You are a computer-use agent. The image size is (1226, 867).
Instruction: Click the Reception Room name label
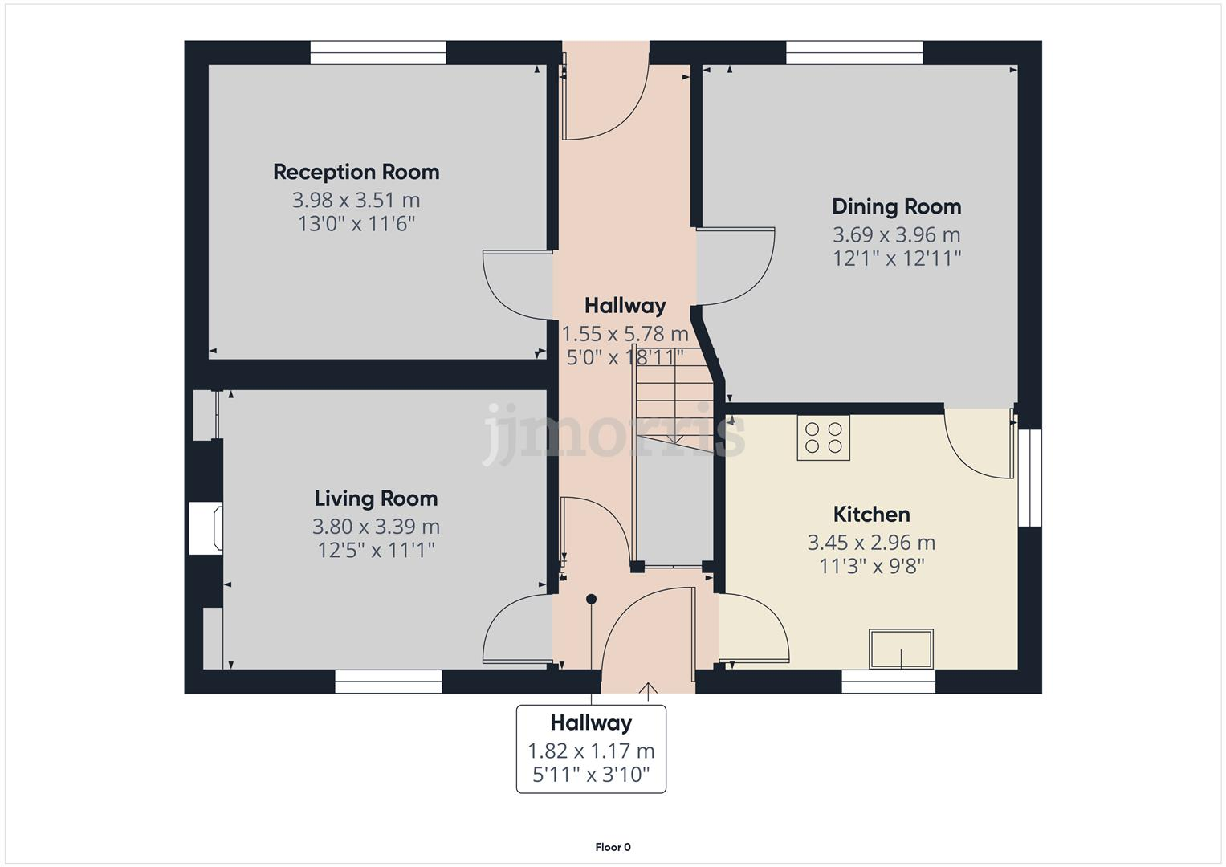click(356, 172)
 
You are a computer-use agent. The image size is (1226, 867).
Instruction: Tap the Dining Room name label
click(896, 206)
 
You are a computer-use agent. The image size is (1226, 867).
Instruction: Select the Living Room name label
click(376, 499)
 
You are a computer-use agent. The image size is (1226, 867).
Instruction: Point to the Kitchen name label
click(871, 514)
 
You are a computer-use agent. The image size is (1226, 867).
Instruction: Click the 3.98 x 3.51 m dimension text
click(356, 200)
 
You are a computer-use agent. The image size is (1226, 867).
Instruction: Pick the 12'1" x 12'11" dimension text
click(896, 258)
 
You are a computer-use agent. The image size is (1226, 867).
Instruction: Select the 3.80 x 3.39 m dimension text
click(376, 527)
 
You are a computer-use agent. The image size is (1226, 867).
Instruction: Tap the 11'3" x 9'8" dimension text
click(871, 566)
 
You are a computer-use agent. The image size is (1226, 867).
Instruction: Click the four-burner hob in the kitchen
click(823, 438)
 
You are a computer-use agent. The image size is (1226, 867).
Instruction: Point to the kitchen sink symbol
click(901, 649)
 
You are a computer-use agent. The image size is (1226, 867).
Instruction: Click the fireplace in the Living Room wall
click(206, 528)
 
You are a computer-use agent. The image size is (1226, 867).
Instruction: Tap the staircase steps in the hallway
click(673, 401)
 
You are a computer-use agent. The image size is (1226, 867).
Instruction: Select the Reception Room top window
click(378, 53)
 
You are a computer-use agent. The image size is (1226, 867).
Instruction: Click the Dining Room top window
click(854, 53)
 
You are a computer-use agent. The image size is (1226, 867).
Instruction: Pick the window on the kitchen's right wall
click(1029, 478)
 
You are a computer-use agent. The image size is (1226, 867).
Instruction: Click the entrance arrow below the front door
click(648, 688)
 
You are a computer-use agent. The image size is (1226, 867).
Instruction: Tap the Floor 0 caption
click(613, 847)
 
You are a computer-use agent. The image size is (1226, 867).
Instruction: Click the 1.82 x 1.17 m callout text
click(590, 751)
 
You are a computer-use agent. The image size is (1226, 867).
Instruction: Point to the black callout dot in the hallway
click(592, 599)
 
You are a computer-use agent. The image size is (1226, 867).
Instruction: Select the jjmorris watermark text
click(614, 433)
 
